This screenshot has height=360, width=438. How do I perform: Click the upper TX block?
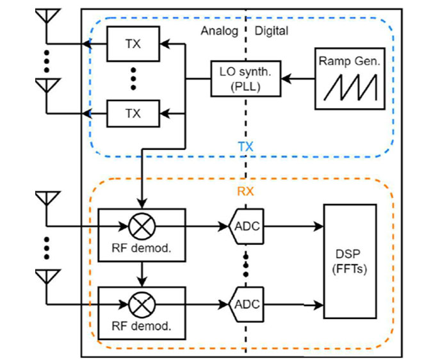pyautogui.click(x=133, y=44)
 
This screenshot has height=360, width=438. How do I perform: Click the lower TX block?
pyautogui.click(x=133, y=113)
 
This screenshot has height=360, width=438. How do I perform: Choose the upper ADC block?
pyautogui.click(x=246, y=226)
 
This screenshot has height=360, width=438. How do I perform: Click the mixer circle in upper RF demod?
pyautogui.click(x=140, y=226)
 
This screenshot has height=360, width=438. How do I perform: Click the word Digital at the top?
pyautogui.click(x=272, y=31)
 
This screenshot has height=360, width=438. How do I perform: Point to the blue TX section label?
pyautogui.click(x=245, y=147)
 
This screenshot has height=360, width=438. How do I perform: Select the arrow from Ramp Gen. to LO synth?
pyautogui.click(x=298, y=78)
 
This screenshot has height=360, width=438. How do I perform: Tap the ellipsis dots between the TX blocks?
pyautogui.click(x=133, y=79)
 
